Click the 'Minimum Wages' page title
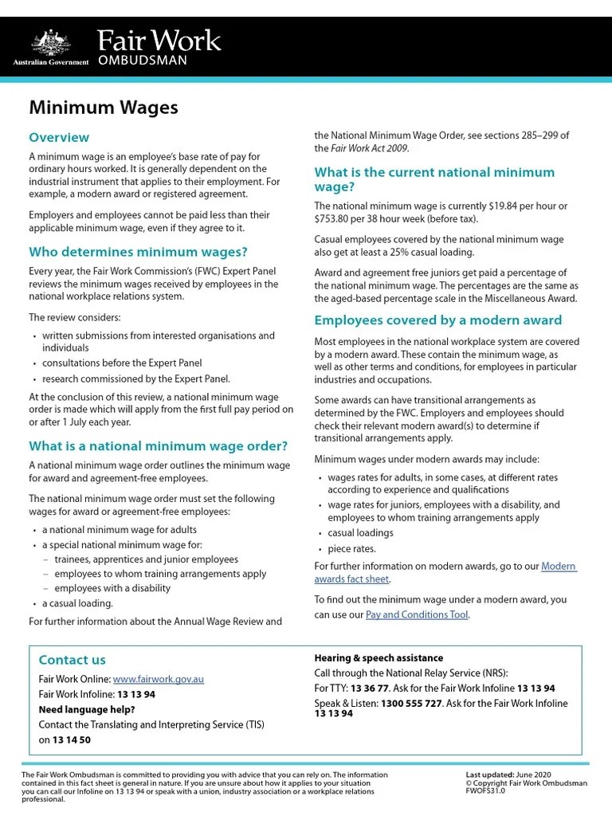click(x=104, y=107)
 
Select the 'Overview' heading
click(x=59, y=137)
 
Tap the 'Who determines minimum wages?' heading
click(x=138, y=253)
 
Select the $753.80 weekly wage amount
click(x=336, y=219)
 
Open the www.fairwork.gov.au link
click(x=159, y=679)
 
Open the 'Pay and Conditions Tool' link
click(x=417, y=614)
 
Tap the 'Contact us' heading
click(x=72, y=660)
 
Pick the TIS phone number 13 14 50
click(x=72, y=739)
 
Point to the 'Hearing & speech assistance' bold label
click(x=379, y=658)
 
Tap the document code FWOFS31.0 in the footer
click(x=485, y=791)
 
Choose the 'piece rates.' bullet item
click(x=351, y=549)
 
